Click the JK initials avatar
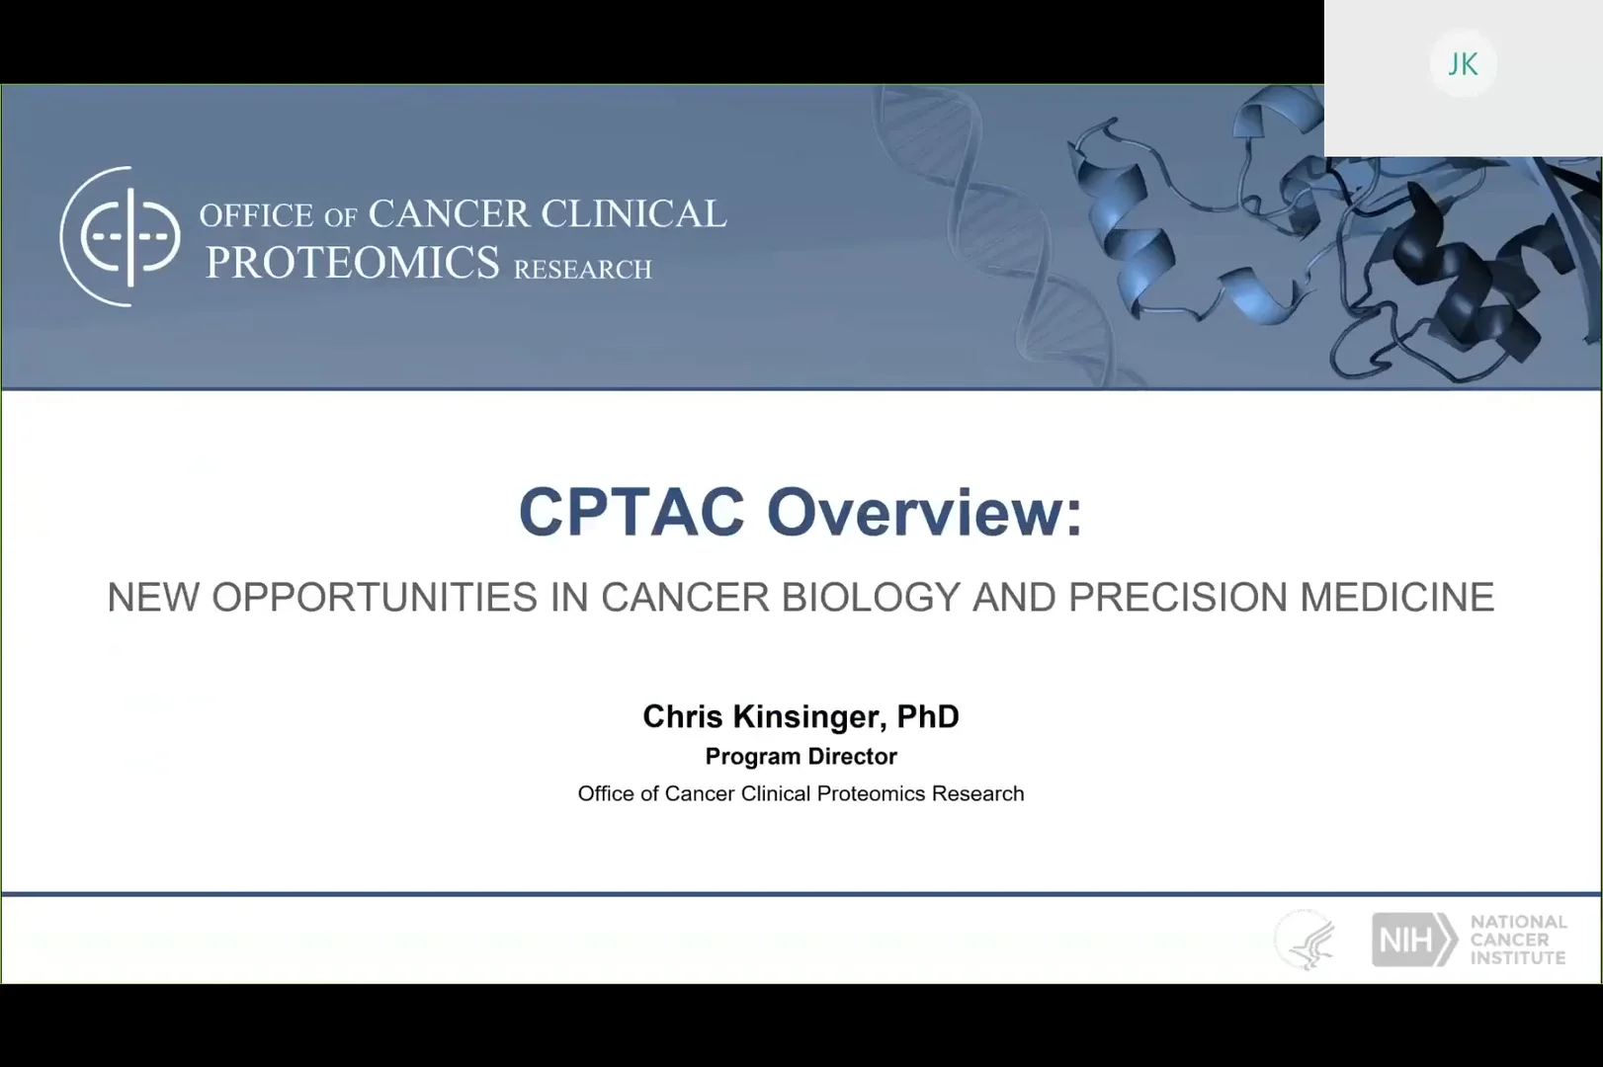(x=1463, y=64)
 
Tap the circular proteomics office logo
(x=121, y=236)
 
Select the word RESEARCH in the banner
(x=582, y=269)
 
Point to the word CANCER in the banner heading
(x=449, y=213)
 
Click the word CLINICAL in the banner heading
(x=634, y=213)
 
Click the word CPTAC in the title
(x=632, y=512)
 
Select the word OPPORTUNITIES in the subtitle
(x=375, y=597)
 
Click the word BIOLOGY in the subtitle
(x=871, y=597)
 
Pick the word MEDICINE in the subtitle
(x=1396, y=597)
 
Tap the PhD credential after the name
(x=928, y=716)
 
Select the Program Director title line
(x=801, y=757)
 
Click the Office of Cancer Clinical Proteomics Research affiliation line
(x=801, y=793)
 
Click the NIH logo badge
(x=1414, y=940)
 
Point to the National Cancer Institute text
(x=1519, y=940)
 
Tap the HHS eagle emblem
(x=1306, y=940)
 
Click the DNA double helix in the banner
(x=995, y=236)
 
